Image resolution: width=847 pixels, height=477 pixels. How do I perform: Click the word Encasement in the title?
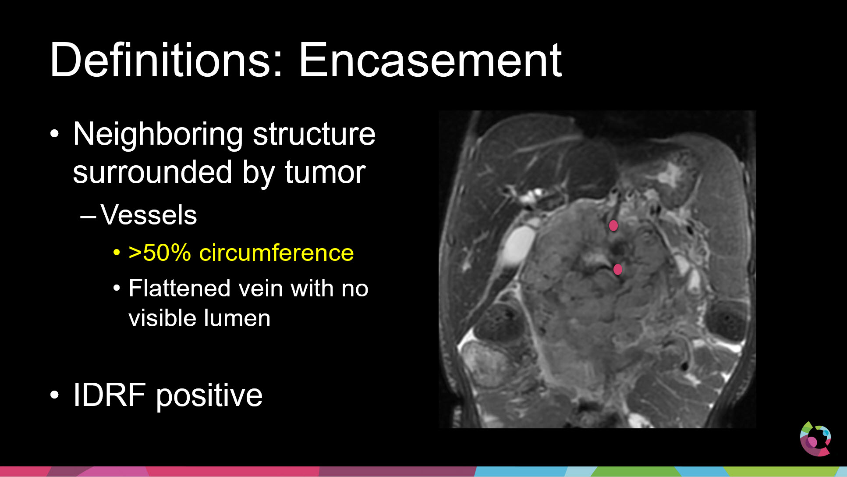(x=430, y=60)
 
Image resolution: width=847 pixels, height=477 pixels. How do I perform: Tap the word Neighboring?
(x=158, y=135)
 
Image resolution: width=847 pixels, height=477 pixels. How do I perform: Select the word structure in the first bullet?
(x=314, y=134)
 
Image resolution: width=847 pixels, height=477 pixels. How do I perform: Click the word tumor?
(x=325, y=172)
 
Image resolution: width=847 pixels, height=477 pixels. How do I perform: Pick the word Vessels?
(x=149, y=215)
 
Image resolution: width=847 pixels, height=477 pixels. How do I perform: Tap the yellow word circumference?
(x=276, y=253)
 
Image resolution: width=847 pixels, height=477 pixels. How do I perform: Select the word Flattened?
(x=180, y=288)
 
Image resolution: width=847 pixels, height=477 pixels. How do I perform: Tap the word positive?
(x=209, y=396)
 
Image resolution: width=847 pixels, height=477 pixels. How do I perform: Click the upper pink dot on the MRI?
(x=613, y=225)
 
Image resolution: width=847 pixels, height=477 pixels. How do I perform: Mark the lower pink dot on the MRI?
(x=618, y=269)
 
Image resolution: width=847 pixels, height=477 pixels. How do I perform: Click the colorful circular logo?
(x=815, y=438)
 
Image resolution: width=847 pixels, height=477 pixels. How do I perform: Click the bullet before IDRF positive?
(x=54, y=395)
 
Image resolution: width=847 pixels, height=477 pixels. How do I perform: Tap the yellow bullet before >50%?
(x=117, y=253)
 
